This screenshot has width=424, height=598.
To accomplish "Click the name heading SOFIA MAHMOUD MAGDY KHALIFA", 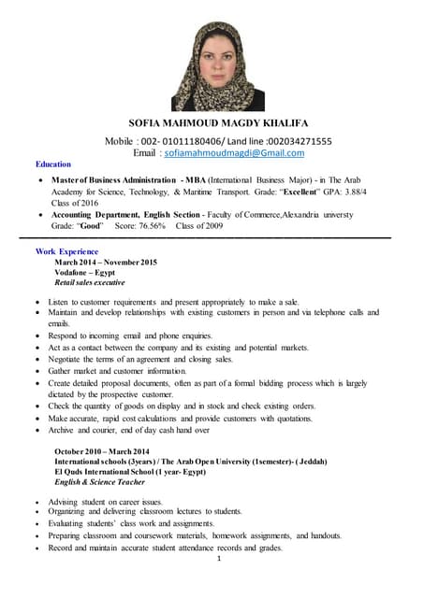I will point(212,124).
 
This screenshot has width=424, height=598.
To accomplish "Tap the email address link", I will point(215,151).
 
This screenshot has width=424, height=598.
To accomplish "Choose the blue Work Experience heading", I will point(66,252).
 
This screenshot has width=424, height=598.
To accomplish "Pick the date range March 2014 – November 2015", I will point(105,263).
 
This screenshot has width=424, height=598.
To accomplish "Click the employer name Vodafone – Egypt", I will point(85,272).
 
